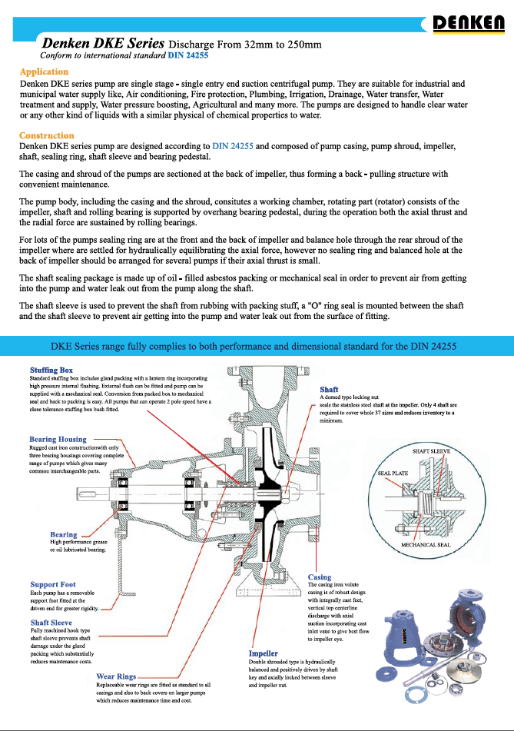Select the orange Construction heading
[x=47, y=135]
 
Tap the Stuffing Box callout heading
[x=51, y=370]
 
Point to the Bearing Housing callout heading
[x=58, y=440]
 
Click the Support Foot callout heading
[x=53, y=585]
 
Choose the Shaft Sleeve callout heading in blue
[x=51, y=623]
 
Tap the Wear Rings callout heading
[x=116, y=677]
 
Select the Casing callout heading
[x=320, y=577]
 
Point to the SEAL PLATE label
[x=392, y=473]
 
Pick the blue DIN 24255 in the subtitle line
[x=188, y=56]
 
